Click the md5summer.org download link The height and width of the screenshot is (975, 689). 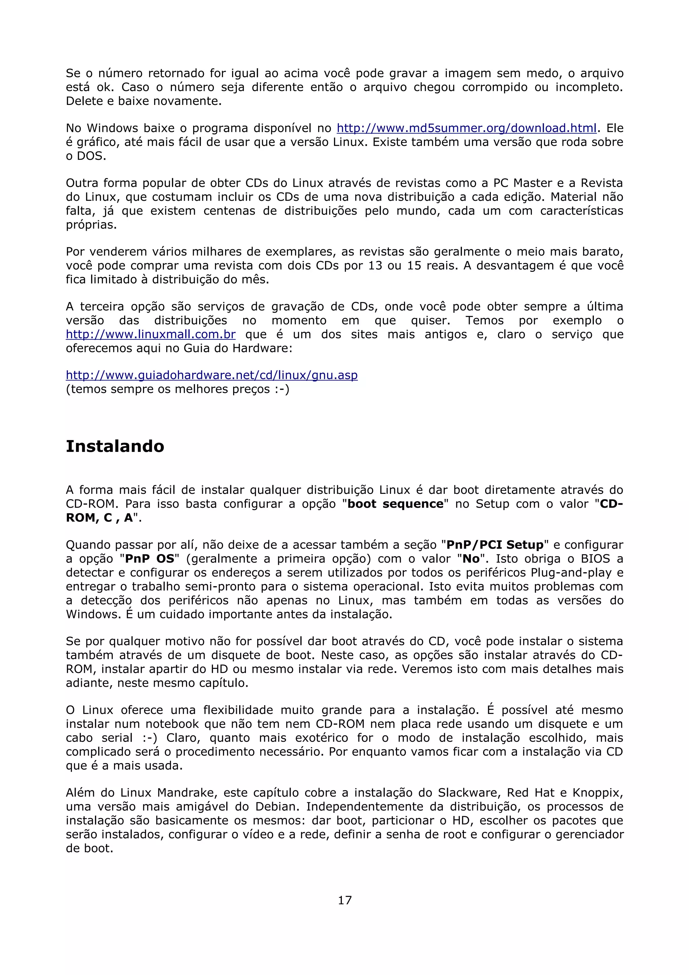click(x=467, y=128)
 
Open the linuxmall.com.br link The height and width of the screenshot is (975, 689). click(x=151, y=334)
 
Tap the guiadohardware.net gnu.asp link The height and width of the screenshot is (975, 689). click(x=211, y=375)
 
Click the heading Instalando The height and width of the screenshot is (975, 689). click(x=115, y=446)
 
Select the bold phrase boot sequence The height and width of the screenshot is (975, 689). click(x=395, y=504)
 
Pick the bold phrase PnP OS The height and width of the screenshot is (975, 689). click(x=150, y=558)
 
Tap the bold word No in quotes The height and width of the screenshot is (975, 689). click(x=471, y=558)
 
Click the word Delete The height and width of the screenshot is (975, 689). click(x=84, y=101)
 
